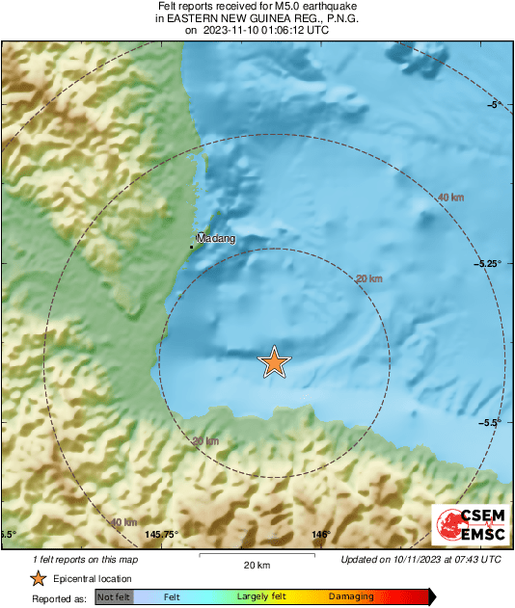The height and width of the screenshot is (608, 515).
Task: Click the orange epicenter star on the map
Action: (275, 362)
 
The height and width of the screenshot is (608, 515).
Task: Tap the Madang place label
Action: (217, 238)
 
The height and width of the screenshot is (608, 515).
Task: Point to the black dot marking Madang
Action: (191, 247)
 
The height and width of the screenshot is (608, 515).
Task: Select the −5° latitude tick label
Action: (493, 104)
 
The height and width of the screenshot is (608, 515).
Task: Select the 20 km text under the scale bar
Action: (257, 565)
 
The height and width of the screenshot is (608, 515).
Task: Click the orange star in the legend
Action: (39, 578)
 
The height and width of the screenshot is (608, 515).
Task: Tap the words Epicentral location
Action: (93, 579)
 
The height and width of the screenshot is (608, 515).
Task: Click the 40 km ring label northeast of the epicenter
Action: (450, 198)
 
